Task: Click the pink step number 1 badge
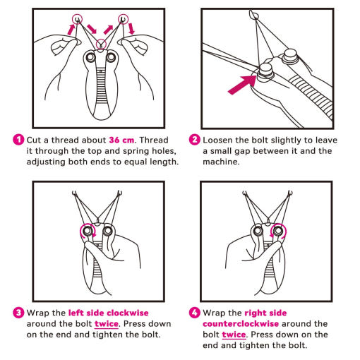18,140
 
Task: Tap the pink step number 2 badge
195,140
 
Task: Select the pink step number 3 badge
18,313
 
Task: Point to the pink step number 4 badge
195,313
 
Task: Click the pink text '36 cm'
121,140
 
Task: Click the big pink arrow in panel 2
241,85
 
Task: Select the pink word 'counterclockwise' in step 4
241,324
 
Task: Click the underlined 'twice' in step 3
107,324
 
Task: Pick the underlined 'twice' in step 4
234,335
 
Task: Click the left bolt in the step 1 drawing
90,57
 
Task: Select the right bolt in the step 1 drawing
111,57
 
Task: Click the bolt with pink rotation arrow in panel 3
88,231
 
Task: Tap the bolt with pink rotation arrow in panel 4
278,231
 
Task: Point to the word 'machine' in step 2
220,162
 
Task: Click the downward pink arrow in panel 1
131,28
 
